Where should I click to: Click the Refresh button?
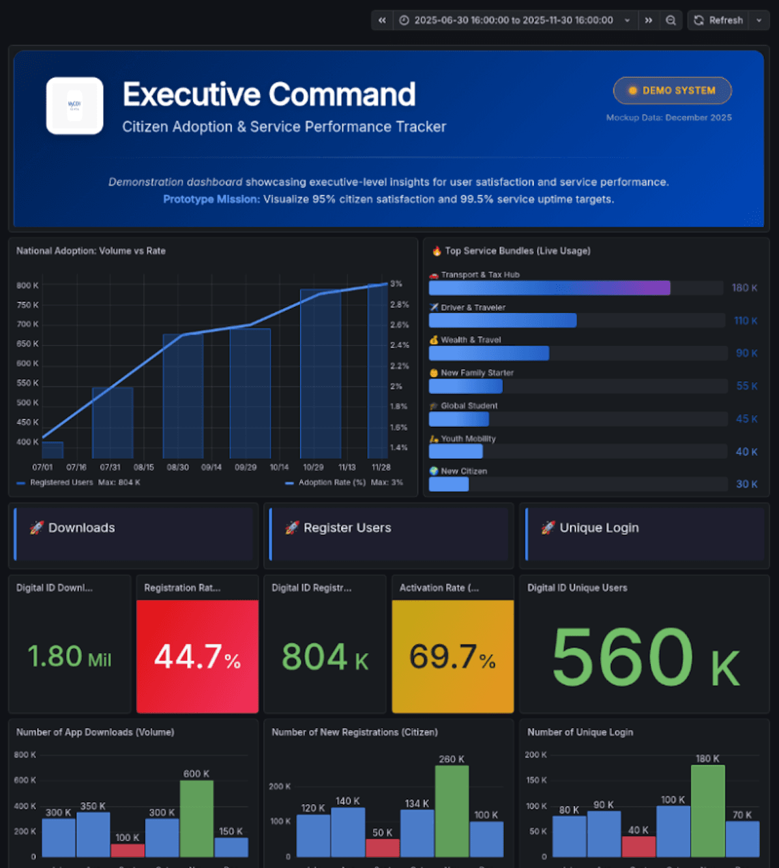(718, 20)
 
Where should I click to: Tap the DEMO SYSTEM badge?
(672, 91)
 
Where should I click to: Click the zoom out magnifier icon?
(670, 20)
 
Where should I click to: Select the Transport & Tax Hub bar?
(549, 288)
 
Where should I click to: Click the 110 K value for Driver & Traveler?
(745, 321)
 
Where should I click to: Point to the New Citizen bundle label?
(463, 471)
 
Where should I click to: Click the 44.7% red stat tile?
(198, 656)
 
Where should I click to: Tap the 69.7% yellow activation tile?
(452, 656)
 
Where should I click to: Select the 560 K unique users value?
(645, 657)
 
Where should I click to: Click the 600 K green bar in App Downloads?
(196, 818)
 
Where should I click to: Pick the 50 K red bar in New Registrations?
(383, 848)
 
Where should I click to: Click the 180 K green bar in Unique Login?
(707, 811)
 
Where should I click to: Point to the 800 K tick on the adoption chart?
(27, 285)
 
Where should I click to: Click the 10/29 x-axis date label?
(313, 467)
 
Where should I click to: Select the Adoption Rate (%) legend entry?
(331, 482)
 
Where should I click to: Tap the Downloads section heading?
(81, 528)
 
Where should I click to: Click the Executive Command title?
(269, 94)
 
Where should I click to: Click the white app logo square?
(74, 106)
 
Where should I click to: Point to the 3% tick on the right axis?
(396, 284)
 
